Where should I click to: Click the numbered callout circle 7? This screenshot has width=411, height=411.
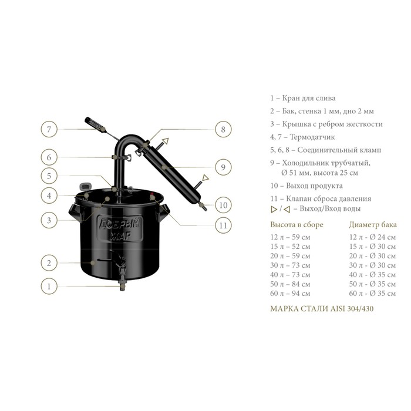(x=49, y=129)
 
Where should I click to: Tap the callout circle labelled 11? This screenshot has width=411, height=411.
(x=223, y=225)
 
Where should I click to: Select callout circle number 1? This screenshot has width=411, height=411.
(x=49, y=287)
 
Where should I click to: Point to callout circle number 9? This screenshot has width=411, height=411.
(x=223, y=167)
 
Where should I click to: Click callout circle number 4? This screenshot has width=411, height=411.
(x=49, y=196)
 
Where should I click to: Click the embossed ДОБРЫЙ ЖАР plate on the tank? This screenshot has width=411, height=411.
(x=120, y=229)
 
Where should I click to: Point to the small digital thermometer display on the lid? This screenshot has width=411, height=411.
(x=85, y=187)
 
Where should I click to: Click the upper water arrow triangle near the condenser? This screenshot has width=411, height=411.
(x=166, y=142)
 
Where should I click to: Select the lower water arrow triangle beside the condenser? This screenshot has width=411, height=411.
(x=206, y=178)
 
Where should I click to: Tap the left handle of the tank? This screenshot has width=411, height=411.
(x=75, y=211)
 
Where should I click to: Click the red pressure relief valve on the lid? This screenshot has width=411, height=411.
(x=153, y=196)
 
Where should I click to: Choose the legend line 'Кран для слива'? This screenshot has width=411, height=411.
(x=303, y=98)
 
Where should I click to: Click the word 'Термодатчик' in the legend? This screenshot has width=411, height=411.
(x=312, y=137)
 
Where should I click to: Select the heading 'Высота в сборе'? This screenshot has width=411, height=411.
(x=297, y=225)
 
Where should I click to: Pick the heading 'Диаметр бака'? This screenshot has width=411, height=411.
(x=373, y=225)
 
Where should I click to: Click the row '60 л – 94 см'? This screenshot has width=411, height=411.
(x=290, y=294)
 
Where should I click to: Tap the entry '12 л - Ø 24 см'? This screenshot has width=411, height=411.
(x=372, y=237)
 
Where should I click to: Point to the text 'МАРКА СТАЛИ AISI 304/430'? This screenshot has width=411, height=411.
(x=322, y=308)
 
